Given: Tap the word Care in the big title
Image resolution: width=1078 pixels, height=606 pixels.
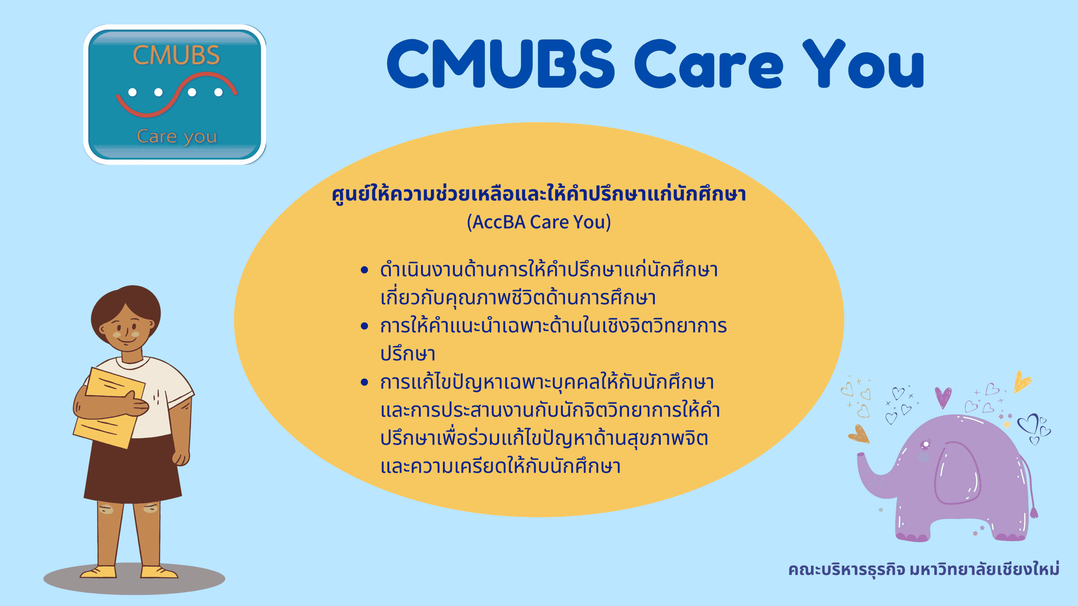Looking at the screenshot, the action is (x=708, y=64).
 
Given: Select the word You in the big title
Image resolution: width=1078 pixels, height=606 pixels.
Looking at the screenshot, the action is (x=863, y=64).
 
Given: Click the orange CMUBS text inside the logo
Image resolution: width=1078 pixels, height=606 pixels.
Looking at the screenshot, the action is (x=176, y=55).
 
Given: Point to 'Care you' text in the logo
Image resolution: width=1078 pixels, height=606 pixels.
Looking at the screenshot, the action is (x=177, y=137).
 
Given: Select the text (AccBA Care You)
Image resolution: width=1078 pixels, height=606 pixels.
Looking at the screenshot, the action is (x=539, y=222).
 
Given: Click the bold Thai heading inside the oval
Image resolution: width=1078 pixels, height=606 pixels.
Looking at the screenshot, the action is (x=539, y=194).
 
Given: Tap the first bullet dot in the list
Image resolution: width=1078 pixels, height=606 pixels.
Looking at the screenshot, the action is (x=365, y=270).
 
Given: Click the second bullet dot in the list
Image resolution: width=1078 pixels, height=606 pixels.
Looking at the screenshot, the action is (x=365, y=326).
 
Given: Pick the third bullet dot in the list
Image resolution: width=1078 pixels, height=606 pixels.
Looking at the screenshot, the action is (x=365, y=382).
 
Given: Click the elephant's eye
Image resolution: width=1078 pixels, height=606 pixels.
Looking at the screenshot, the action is (x=926, y=444).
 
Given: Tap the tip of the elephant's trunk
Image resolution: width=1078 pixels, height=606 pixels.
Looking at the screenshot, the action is (x=861, y=455).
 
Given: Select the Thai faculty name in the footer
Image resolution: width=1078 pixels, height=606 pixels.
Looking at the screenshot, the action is (x=923, y=569).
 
